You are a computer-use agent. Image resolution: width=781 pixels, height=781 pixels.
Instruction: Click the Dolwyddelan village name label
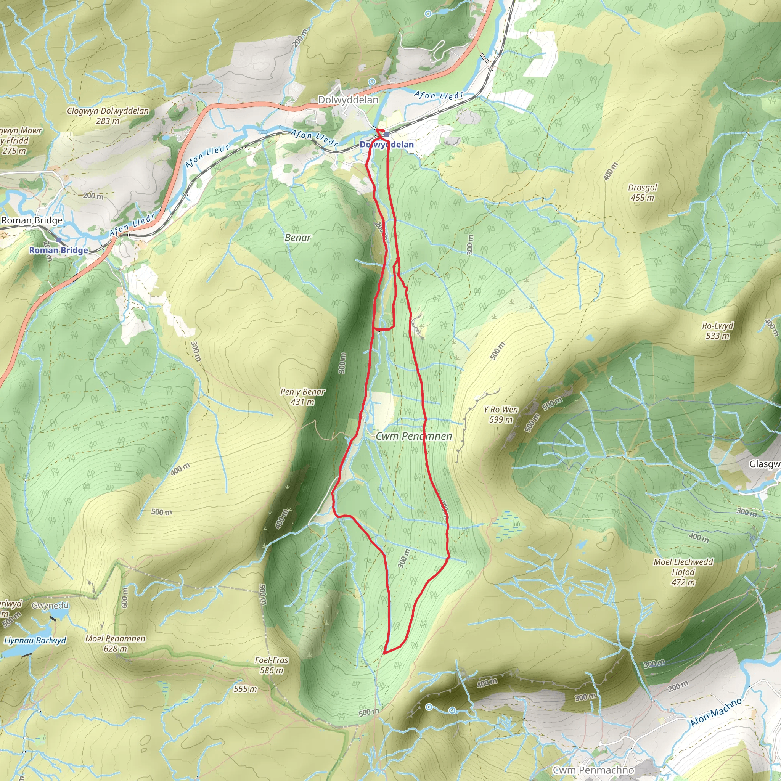[348, 100]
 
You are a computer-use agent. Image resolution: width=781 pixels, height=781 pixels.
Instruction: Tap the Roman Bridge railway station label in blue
[59, 250]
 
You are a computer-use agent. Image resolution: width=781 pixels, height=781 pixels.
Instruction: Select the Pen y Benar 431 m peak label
[303, 397]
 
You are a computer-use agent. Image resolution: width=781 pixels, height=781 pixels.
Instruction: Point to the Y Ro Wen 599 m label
[501, 415]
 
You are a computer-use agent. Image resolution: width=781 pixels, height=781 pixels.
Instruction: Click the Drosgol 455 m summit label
[642, 193]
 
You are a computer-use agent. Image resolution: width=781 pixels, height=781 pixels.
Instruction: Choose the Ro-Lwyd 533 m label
[718, 331]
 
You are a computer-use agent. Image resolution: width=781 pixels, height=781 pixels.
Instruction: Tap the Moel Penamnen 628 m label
[115, 644]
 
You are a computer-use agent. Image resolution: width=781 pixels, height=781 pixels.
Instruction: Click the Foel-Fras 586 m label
[272, 665]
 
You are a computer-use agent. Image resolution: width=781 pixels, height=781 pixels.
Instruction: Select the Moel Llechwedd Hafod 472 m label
[683, 572]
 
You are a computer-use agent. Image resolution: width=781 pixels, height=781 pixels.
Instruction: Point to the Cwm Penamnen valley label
[413, 436]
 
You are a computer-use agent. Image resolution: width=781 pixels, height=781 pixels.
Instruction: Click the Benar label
[298, 238]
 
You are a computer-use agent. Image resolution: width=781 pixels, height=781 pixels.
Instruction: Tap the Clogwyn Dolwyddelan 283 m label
[108, 116]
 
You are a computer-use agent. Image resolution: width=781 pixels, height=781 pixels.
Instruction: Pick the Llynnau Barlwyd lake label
[35, 641]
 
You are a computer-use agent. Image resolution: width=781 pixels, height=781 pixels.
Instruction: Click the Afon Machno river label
[716, 712]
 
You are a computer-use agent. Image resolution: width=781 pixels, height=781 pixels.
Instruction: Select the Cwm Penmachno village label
[593, 770]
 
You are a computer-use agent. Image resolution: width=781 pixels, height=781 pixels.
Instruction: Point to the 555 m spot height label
[245, 689]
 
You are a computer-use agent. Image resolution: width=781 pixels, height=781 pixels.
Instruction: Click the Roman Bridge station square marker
[59, 240]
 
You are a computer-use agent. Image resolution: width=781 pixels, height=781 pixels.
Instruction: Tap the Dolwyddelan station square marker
[386, 134]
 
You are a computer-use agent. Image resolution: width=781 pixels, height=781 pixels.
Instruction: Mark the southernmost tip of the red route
[384, 653]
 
